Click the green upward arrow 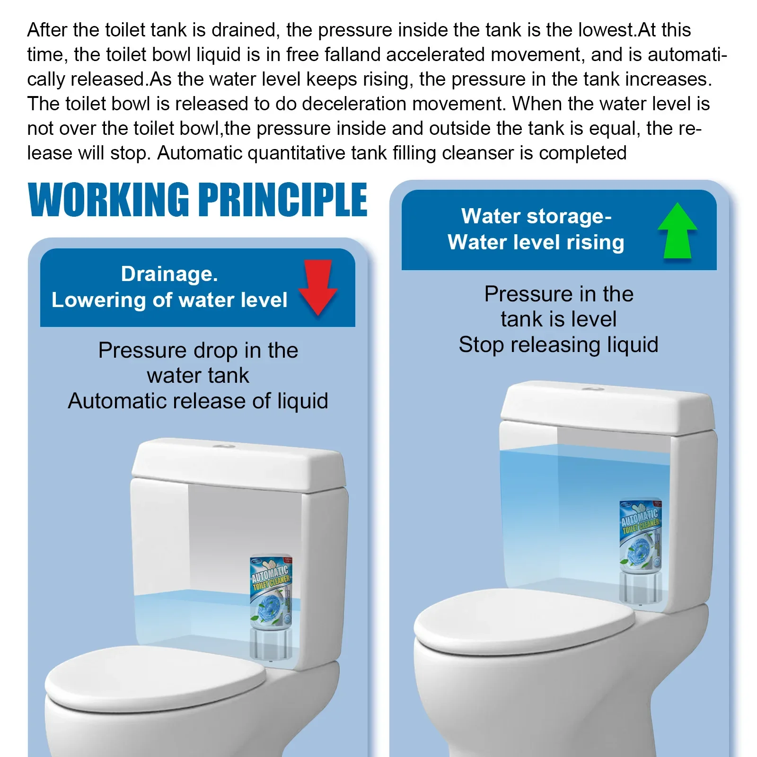point(678,230)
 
